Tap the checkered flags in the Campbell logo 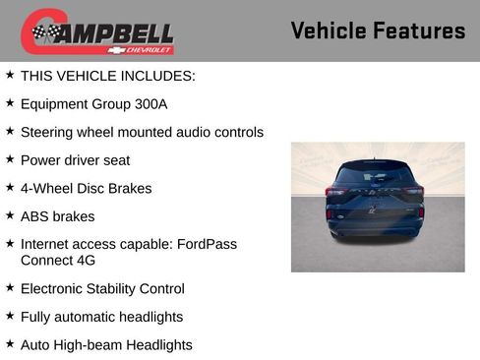click(x=45, y=32)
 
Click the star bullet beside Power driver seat click(x=10, y=158)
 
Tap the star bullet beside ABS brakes click(x=10, y=214)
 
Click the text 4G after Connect click(x=90, y=260)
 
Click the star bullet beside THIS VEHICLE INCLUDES click(x=10, y=74)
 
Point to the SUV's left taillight click(x=332, y=194)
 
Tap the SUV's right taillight click(x=421, y=194)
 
